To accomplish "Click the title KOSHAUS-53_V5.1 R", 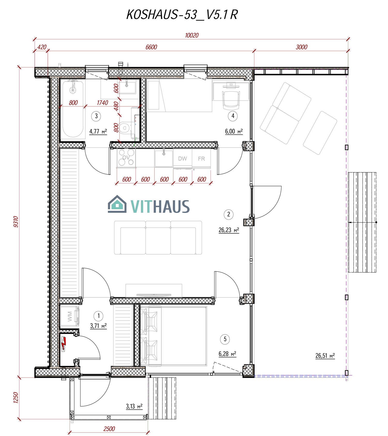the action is tap(182, 15).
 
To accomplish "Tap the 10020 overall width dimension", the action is tap(192, 35).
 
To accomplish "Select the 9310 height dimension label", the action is tap(16, 221).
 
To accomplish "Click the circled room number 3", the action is tap(96, 116).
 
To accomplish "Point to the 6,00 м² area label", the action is tap(234, 131).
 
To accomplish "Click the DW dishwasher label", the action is tap(182, 159).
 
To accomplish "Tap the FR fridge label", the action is tap(201, 159).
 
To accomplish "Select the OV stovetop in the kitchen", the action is tap(126, 158).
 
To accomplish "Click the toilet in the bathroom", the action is tap(125, 128).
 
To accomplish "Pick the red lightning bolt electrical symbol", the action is tap(64, 343).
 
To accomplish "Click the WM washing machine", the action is tap(70, 316).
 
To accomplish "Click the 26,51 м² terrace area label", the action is tap(325, 356).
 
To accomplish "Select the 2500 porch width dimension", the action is tap(109, 429).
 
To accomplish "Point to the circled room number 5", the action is tap(225, 339).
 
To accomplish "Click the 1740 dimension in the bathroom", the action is tap(102, 103).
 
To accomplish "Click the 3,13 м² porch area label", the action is tap(134, 407).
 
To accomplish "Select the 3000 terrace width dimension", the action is tap(301, 47).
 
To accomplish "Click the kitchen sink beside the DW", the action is tap(164, 158).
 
